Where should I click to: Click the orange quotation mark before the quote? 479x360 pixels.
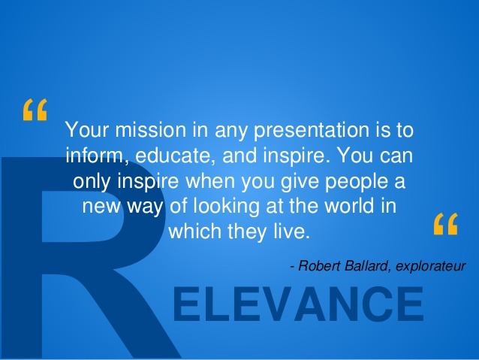(x=35, y=110)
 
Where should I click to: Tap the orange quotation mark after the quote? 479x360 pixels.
(x=446, y=224)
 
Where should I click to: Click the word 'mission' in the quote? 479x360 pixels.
(x=151, y=129)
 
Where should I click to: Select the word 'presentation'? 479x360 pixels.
(x=311, y=130)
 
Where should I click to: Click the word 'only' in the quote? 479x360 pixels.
(x=92, y=182)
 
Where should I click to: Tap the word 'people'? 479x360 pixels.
(x=356, y=182)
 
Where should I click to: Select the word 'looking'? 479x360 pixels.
(x=227, y=207)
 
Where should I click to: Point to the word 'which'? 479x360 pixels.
(x=195, y=231)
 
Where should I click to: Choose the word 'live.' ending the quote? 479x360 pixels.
(x=292, y=231)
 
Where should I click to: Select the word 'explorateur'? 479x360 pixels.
(x=431, y=266)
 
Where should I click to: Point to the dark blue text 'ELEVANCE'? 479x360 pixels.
(x=298, y=304)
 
